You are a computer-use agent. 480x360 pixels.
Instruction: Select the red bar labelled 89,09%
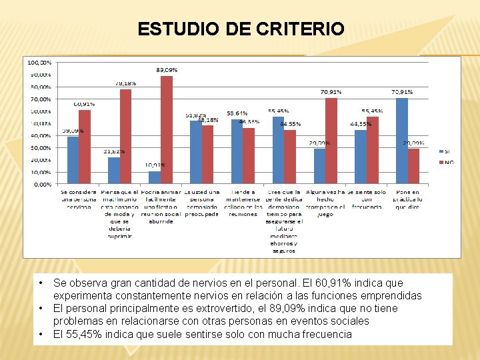(x=166, y=130)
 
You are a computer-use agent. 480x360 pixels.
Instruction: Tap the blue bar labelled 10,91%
(x=155, y=177)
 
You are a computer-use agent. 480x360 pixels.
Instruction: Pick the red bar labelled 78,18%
(x=125, y=137)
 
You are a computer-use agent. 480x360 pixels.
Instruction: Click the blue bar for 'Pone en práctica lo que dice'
(x=401, y=141)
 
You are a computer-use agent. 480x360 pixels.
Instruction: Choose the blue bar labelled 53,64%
(x=237, y=151)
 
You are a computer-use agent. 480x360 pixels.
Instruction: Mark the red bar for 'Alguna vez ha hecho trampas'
(x=331, y=141)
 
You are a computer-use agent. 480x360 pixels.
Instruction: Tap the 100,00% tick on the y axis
(x=38, y=62)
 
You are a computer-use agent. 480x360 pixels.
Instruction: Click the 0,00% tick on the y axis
(x=41, y=184)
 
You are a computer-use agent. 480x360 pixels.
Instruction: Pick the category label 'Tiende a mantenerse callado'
(x=244, y=203)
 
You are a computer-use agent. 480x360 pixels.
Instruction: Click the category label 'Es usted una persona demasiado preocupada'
(x=202, y=203)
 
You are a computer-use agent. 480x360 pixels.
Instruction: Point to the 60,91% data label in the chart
(x=84, y=105)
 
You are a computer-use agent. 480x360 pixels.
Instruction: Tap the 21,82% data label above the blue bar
(x=113, y=152)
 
